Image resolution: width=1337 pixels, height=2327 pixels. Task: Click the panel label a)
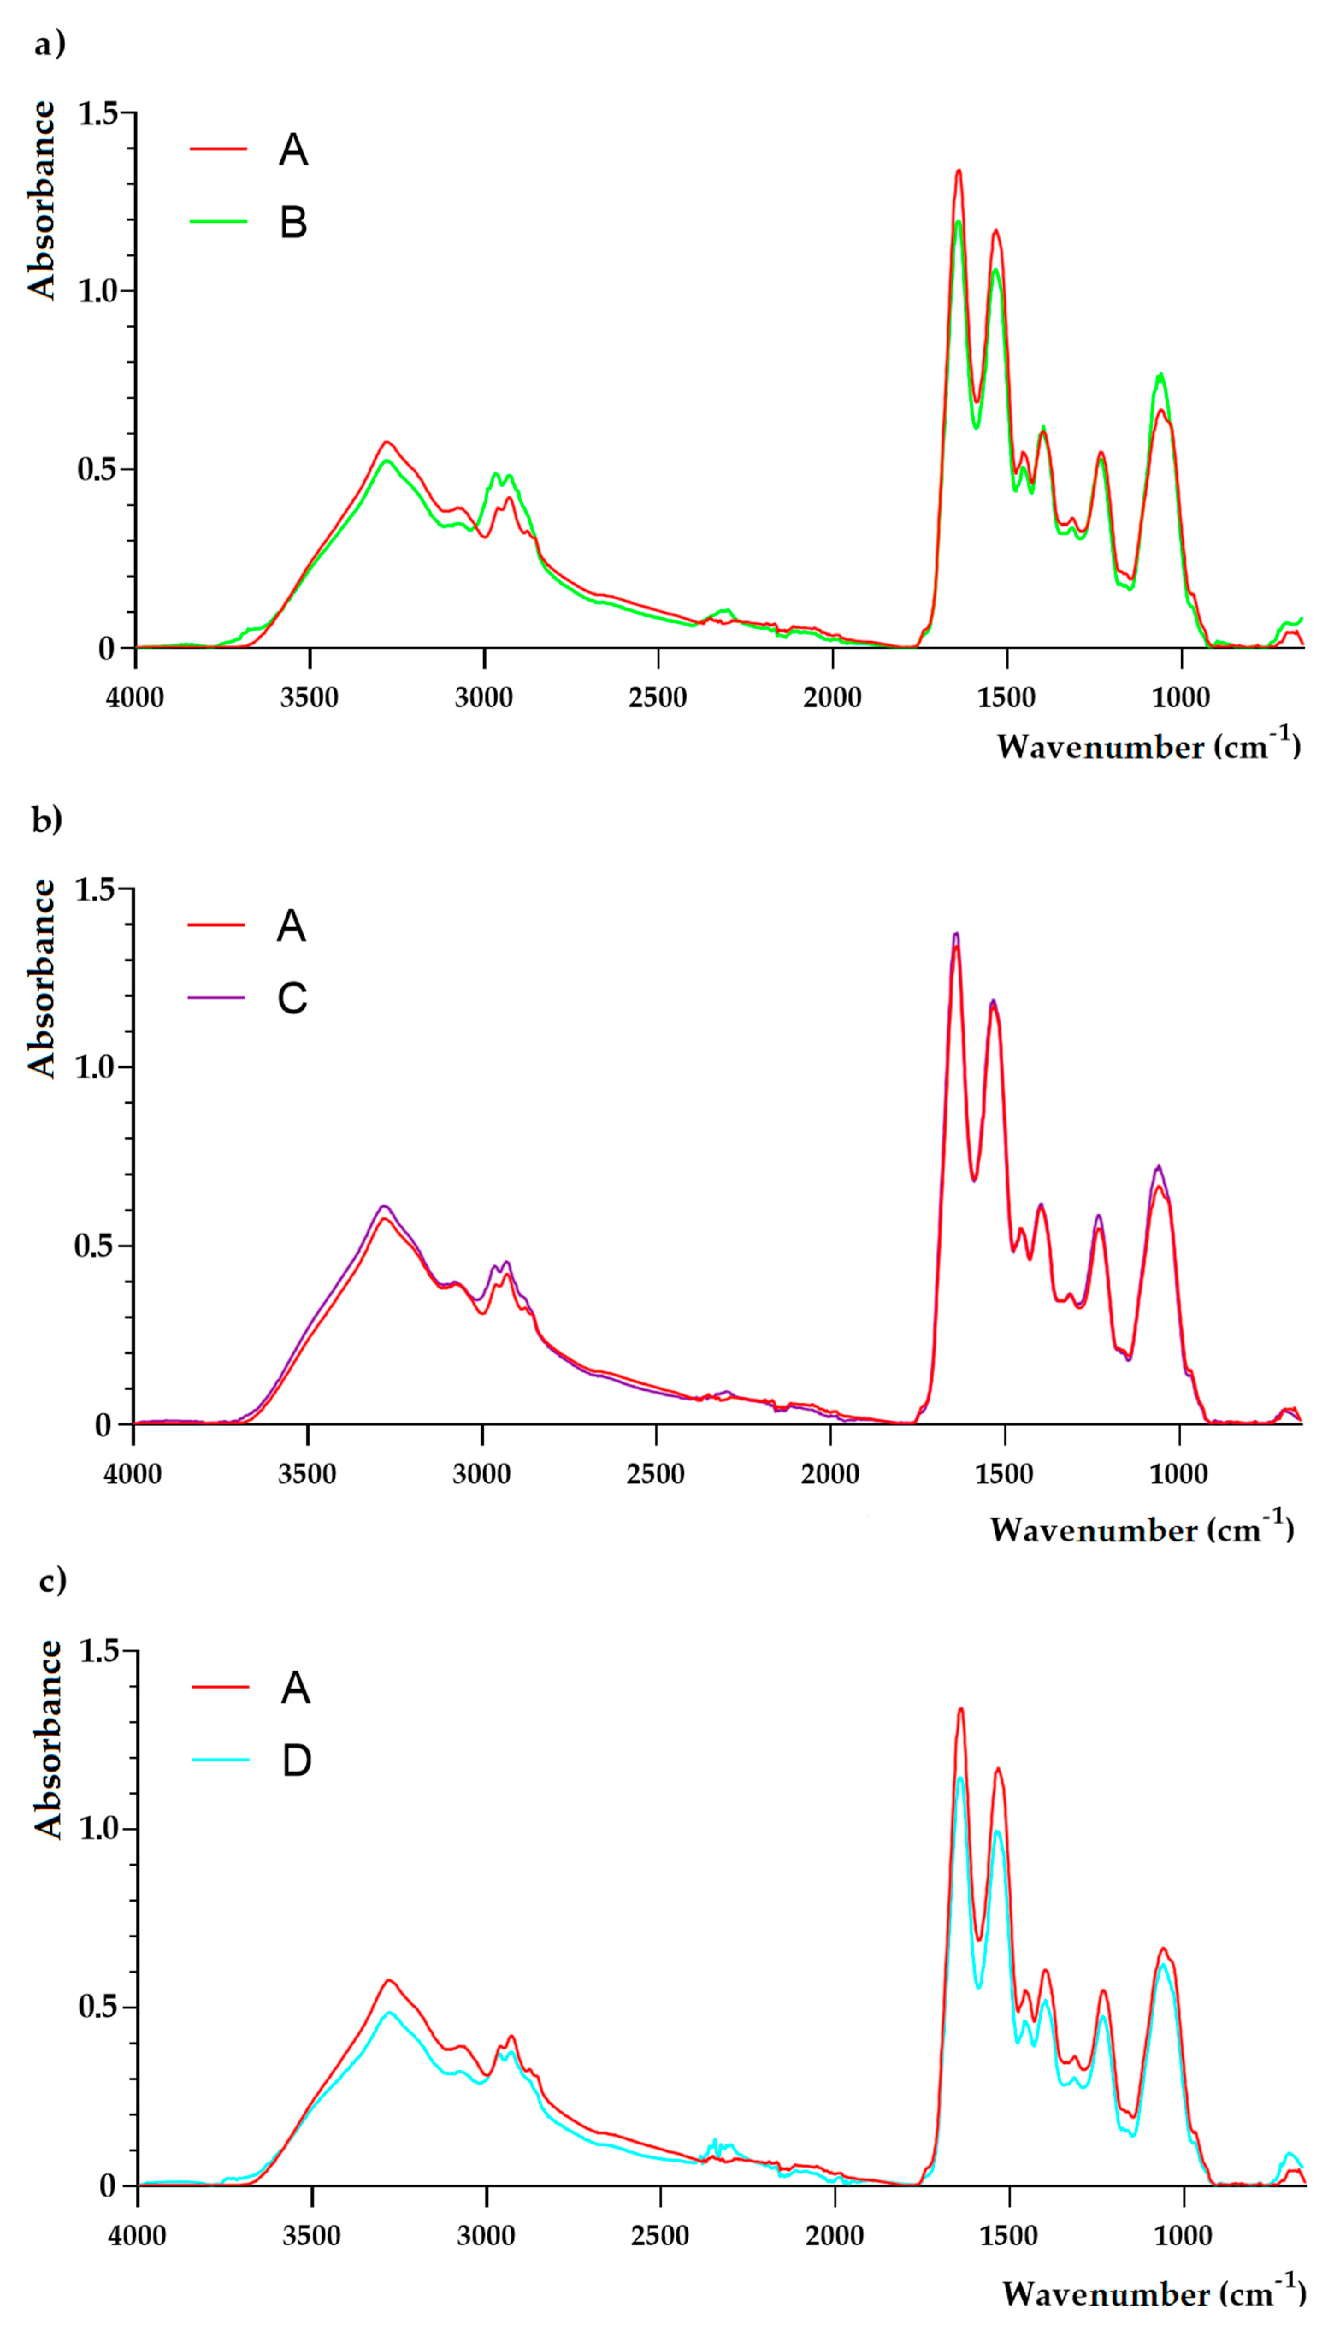(x=50, y=43)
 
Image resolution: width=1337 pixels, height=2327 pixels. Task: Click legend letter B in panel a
(x=293, y=222)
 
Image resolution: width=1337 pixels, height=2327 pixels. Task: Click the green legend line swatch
(x=218, y=221)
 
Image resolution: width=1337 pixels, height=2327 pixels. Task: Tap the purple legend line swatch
(x=216, y=997)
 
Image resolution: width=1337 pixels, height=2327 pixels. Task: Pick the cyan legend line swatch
(x=220, y=1760)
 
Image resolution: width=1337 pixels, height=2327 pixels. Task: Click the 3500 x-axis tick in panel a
(x=310, y=698)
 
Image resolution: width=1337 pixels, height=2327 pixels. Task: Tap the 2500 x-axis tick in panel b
(x=655, y=1474)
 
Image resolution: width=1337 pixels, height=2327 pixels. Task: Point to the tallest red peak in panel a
(x=959, y=171)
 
